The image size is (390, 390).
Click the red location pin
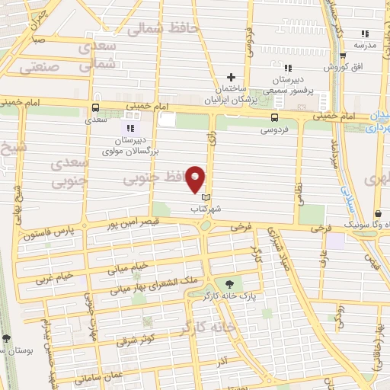pos(197,178)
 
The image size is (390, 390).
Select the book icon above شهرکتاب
pos(203,197)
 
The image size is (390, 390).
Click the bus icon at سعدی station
pos(95,108)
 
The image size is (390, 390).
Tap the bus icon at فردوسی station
pos(273,117)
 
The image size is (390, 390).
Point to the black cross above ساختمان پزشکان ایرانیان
pos(232,77)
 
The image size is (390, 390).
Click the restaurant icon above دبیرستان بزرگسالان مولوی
pos(129,129)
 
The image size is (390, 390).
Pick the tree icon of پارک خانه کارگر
pos(229,283)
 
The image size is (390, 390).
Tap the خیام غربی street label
pos(53,276)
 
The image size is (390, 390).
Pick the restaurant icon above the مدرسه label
pos(364,34)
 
